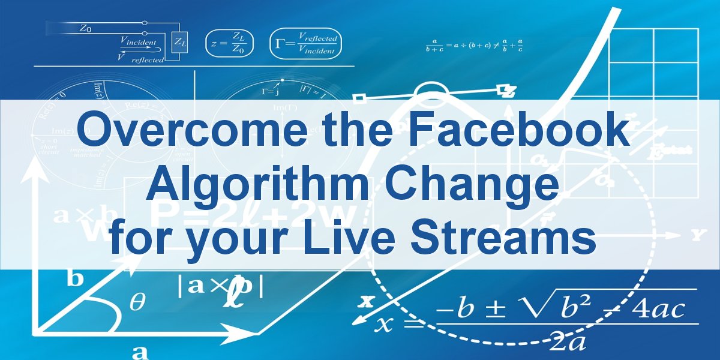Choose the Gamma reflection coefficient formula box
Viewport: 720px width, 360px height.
[304, 43]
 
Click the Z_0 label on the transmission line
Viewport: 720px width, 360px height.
[85, 27]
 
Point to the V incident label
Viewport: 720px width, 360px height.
[138, 41]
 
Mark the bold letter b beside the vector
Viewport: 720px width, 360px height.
[74, 280]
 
